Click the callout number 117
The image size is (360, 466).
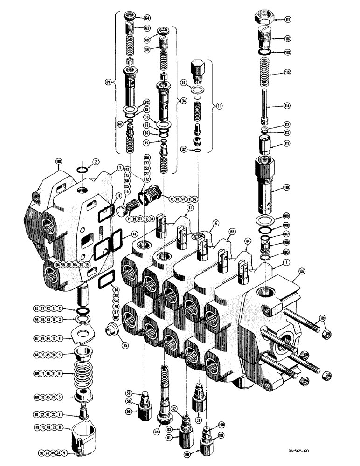click(288, 20)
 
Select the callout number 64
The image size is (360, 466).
click(147, 18)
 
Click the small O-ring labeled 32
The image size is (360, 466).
click(196, 150)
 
